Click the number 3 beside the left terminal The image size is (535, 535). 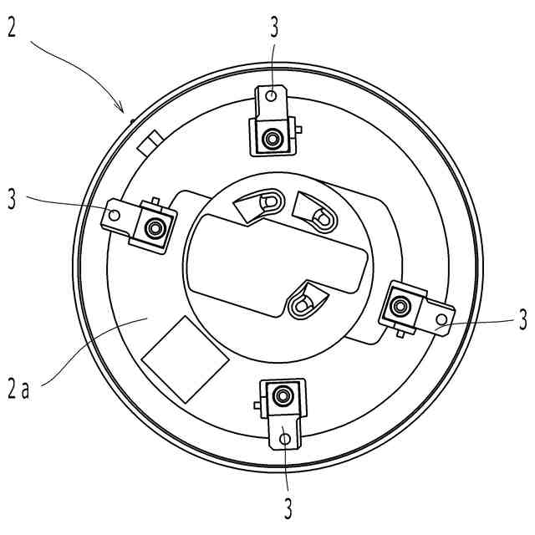[12, 199]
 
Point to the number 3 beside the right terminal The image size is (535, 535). [522, 318]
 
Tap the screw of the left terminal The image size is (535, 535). [152, 227]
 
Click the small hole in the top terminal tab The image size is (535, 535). [271, 97]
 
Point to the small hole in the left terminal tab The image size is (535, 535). [114, 216]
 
